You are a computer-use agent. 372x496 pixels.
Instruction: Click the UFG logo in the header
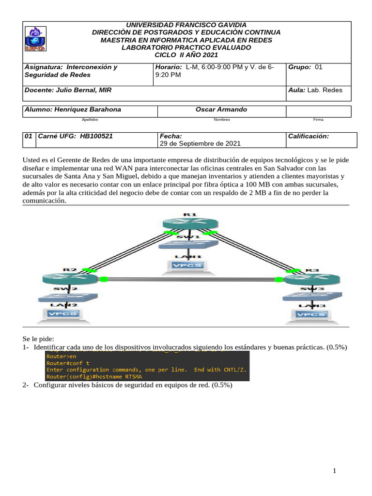pyautogui.click(x=35, y=39)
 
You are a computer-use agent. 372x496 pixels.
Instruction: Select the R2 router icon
pyautogui.click(x=63, y=279)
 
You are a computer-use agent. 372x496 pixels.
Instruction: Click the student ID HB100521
pyautogui.click(x=96, y=137)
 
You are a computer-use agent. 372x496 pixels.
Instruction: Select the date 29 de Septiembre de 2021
pyautogui.click(x=200, y=144)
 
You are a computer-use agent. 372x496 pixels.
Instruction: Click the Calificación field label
pyautogui.click(x=309, y=137)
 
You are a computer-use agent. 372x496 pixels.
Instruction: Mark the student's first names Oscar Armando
pyautogui.click(x=221, y=109)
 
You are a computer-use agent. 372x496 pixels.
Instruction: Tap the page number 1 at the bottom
pyautogui.click(x=334, y=471)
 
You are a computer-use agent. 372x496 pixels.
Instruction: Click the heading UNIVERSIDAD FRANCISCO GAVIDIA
pyautogui.click(x=186, y=25)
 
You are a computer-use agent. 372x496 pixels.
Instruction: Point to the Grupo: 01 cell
pyautogui.click(x=305, y=67)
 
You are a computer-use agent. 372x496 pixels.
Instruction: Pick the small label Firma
pyautogui.click(x=318, y=119)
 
